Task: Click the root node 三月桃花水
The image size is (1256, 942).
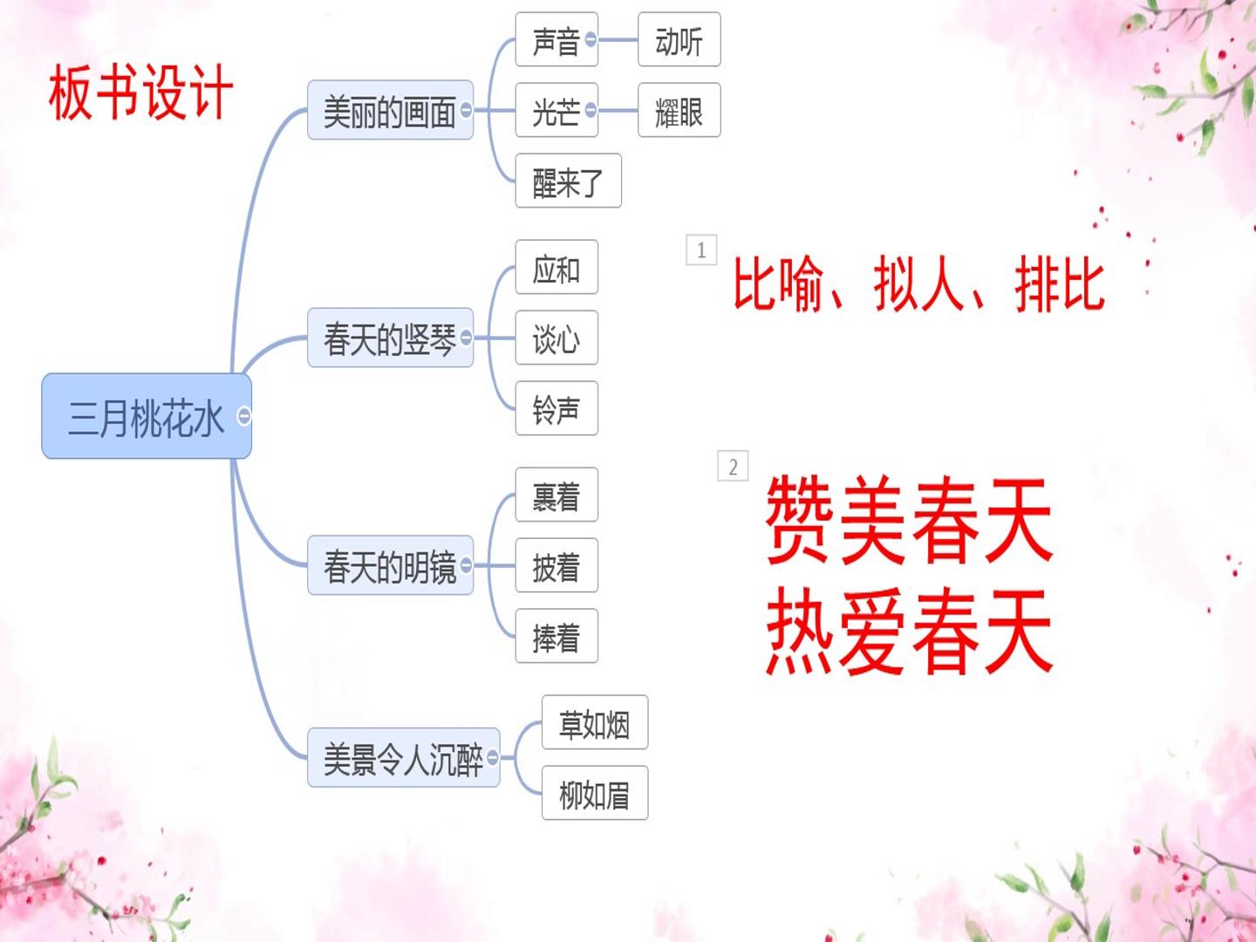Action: click(x=147, y=416)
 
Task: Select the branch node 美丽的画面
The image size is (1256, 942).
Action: click(x=390, y=110)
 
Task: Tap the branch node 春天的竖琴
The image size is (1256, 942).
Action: click(x=390, y=338)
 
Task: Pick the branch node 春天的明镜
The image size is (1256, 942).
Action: click(x=390, y=565)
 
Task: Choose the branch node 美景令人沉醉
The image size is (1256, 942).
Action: click(x=404, y=757)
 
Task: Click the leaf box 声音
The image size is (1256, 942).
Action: click(x=556, y=39)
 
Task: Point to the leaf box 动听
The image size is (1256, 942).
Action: click(x=679, y=39)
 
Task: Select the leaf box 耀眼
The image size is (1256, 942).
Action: click(x=679, y=110)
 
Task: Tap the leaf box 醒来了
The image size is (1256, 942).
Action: click(x=568, y=181)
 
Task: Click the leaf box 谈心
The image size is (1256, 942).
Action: click(x=556, y=338)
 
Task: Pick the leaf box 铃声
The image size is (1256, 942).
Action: click(x=556, y=408)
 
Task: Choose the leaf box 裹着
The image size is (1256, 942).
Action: click(x=556, y=495)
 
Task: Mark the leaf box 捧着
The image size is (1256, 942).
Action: click(x=556, y=636)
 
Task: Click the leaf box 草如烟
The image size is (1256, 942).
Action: click(x=595, y=722)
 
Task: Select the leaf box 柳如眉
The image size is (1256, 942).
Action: click(x=595, y=793)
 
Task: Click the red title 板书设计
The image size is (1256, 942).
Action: click(x=140, y=92)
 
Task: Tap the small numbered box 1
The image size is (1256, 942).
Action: click(x=701, y=250)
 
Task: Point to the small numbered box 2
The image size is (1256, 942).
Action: click(x=733, y=466)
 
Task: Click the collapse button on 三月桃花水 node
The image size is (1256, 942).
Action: click(x=244, y=416)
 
